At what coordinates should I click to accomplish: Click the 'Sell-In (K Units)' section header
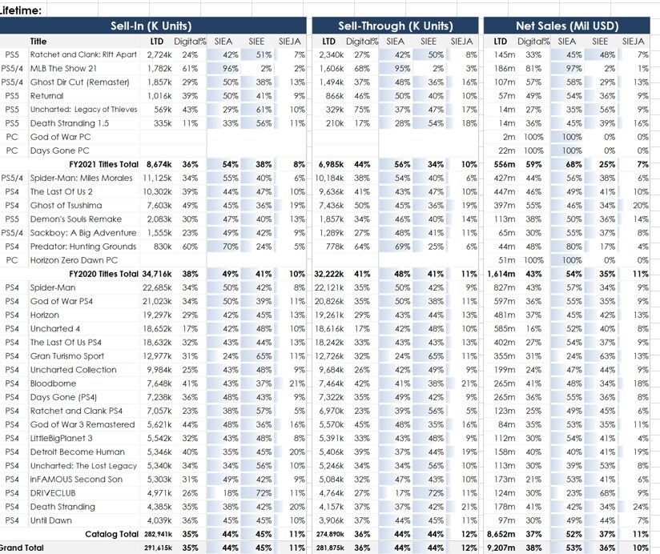coord(151,26)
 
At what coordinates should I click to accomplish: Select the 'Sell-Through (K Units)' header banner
coord(395,26)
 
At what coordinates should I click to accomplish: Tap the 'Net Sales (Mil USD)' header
coord(567,26)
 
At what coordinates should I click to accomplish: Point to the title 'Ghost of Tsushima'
coord(66,205)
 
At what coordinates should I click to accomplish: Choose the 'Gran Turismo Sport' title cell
coord(67,356)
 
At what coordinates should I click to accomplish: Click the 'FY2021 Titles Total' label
coord(103,164)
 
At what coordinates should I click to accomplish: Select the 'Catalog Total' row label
coord(111,534)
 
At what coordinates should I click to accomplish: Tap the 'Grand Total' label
coord(21,548)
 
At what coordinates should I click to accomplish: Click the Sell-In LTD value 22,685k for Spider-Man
coord(157,287)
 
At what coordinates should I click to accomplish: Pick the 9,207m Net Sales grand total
coord(501,548)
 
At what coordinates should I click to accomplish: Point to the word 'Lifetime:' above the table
coord(20,10)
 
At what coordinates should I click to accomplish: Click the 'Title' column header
coord(38,41)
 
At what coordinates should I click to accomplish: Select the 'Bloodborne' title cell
coord(53,383)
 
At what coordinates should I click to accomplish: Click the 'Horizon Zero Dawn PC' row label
coord(74,260)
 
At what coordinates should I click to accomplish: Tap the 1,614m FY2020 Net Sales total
coord(501,274)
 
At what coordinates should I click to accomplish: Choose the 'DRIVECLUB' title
coord(53,493)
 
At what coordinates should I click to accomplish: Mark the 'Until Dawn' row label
coord(51,520)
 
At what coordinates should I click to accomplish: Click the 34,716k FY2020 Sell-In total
coord(157,274)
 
